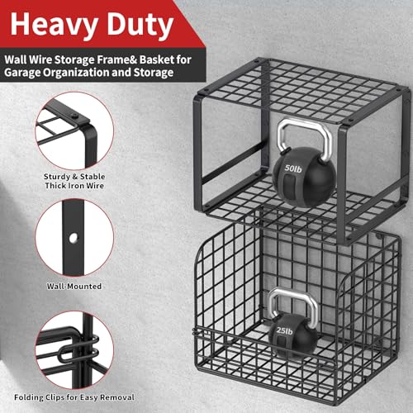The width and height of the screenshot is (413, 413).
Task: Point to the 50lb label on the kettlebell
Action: [x=293, y=169]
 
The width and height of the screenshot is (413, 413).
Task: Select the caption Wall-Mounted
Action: [x=74, y=287]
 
